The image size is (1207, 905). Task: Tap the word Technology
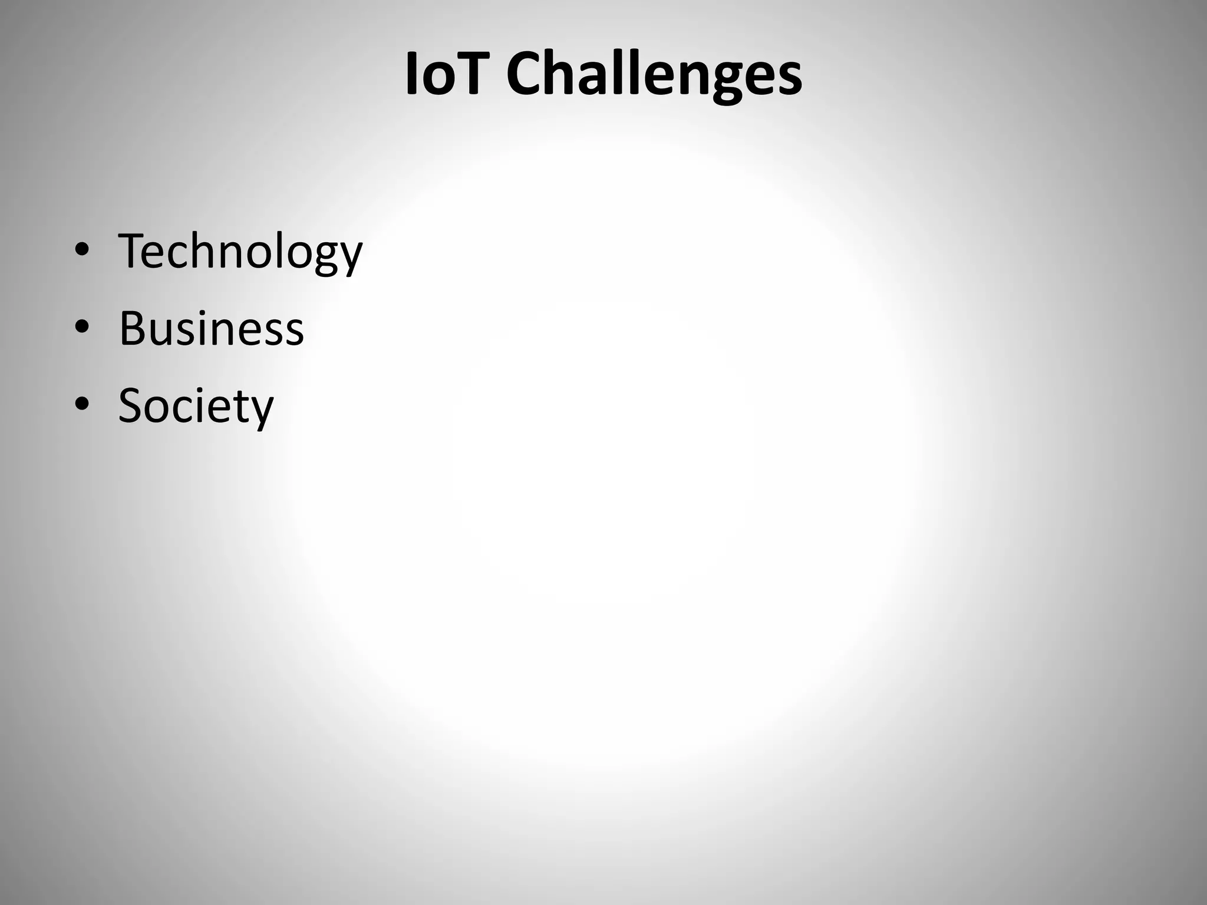[x=240, y=252]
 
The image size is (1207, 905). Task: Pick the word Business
[x=211, y=328]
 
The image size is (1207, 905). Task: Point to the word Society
[x=196, y=407]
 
